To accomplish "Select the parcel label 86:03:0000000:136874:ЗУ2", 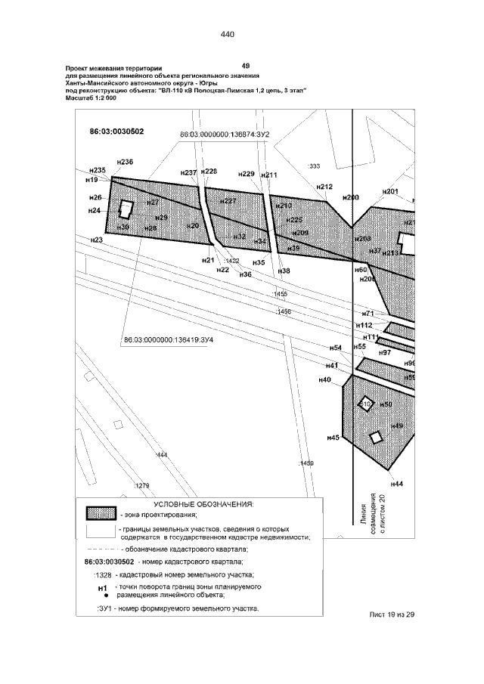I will [225, 135].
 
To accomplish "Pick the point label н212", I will [324, 187].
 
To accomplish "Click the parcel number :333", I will [315, 166].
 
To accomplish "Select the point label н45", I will [332, 437].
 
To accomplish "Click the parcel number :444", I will [160, 455].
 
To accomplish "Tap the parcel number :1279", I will [141, 484].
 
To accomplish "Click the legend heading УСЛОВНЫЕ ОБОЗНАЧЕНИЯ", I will [203, 503].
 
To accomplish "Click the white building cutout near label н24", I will [126, 208].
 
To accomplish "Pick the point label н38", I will [284, 271].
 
